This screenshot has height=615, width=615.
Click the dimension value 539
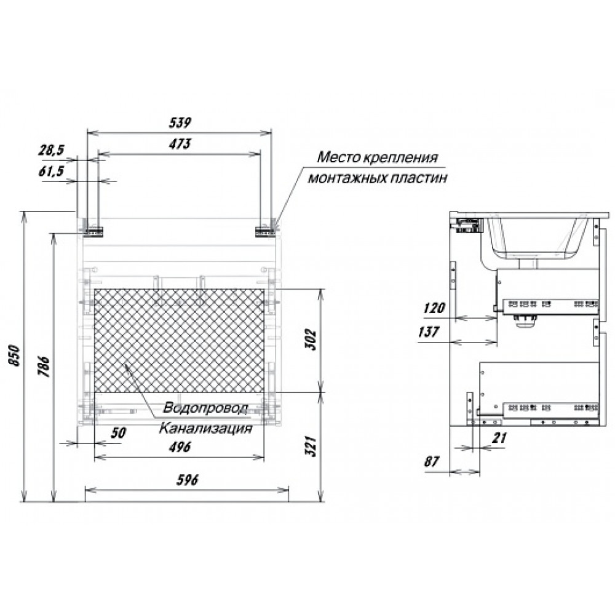[x=180, y=123]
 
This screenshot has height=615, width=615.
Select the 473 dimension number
[x=180, y=144]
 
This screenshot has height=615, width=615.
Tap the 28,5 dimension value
[x=52, y=151]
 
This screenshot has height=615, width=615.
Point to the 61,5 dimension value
[x=52, y=172]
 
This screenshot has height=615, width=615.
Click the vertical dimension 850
[x=14, y=355]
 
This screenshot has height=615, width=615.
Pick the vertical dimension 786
[x=44, y=367]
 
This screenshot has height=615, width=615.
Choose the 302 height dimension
[x=311, y=339]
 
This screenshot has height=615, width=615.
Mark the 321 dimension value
[x=311, y=446]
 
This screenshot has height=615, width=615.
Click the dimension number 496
[x=180, y=446]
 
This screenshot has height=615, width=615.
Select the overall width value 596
[x=187, y=479]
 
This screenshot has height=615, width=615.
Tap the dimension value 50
[x=118, y=432]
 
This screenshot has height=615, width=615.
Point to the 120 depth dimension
[x=434, y=308]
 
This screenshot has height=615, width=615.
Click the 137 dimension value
[x=428, y=332]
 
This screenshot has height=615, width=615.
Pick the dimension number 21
[x=499, y=437]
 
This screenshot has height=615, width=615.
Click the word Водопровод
[x=205, y=408]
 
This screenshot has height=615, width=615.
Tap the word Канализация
[x=205, y=428]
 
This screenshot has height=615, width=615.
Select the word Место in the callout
[x=338, y=157]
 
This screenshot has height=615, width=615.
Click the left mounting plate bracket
[x=93, y=231]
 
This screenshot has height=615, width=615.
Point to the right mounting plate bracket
[x=265, y=231]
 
